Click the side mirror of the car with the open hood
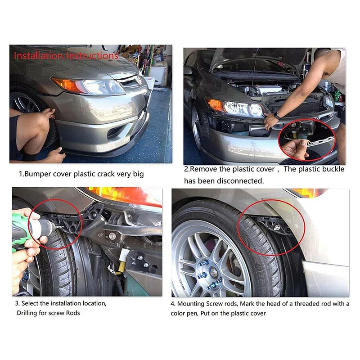tap(188, 70)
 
